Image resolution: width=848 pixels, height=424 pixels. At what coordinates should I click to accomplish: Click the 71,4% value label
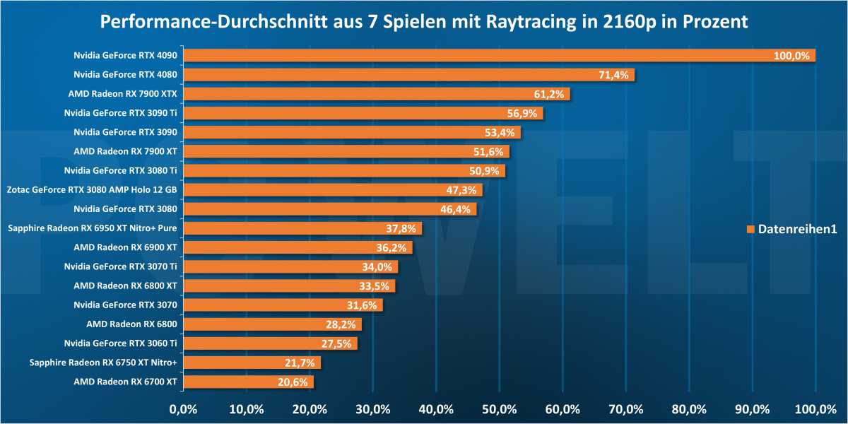pos(613,75)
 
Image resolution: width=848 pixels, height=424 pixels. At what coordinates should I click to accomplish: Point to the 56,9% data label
pos(522,113)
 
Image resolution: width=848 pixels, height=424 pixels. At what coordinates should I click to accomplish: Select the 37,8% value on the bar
pos(401,228)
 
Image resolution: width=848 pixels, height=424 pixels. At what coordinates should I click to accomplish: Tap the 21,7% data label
pos(299,363)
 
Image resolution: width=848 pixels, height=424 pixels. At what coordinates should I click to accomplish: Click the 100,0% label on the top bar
pos(791,56)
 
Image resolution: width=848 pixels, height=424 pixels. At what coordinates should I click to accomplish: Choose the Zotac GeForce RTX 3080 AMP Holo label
pos(91,189)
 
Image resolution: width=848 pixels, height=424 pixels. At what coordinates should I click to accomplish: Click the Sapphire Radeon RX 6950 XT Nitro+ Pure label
pos(91,228)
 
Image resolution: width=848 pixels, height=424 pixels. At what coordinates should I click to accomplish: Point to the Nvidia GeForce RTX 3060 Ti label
pos(120,343)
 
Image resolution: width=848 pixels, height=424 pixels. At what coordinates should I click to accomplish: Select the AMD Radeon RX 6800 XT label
pos(125,285)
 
